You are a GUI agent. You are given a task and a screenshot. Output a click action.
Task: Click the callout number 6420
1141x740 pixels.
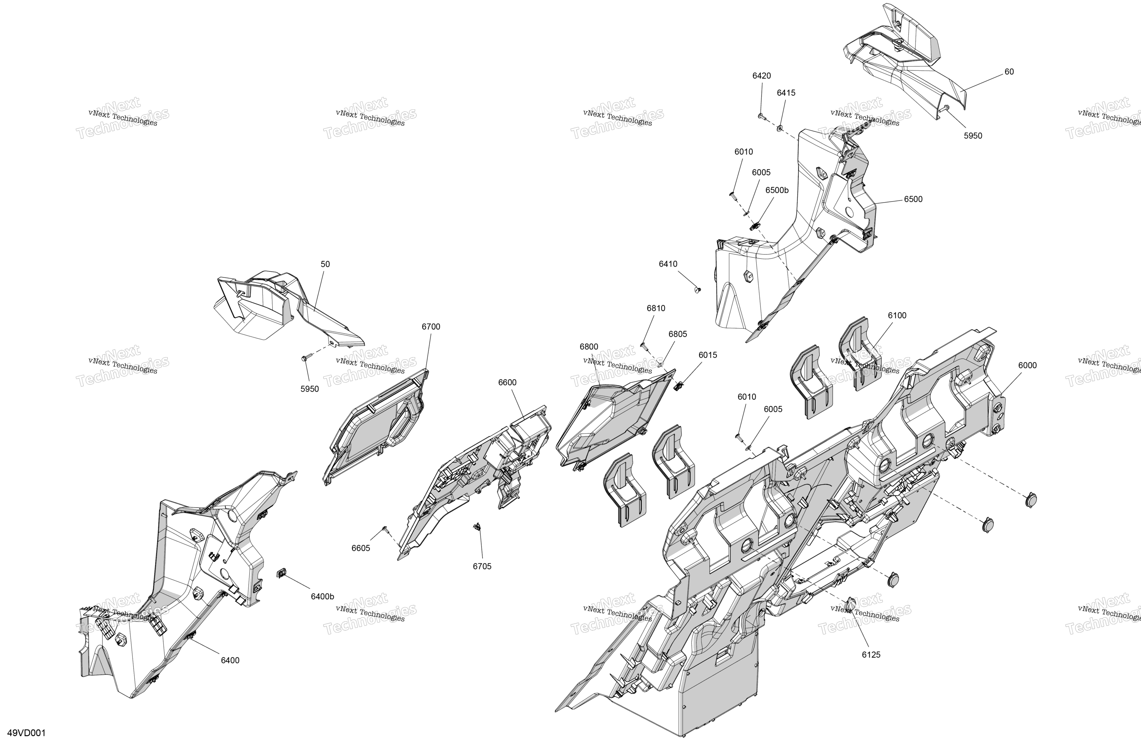point(761,76)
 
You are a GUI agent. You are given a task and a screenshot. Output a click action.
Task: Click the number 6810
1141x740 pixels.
point(656,308)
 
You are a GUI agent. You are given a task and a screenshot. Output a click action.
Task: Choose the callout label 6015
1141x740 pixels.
point(708,355)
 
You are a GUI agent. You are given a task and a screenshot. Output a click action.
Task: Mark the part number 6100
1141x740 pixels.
point(897,315)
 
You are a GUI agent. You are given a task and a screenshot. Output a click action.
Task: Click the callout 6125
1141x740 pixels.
point(871,655)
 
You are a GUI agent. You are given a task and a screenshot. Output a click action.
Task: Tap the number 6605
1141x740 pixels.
point(360,548)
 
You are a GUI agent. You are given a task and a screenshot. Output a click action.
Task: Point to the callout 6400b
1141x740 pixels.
point(322,597)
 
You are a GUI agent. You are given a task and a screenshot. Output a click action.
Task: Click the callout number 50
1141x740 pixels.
point(325,264)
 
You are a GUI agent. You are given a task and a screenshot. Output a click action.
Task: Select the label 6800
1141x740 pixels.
point(589,347)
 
